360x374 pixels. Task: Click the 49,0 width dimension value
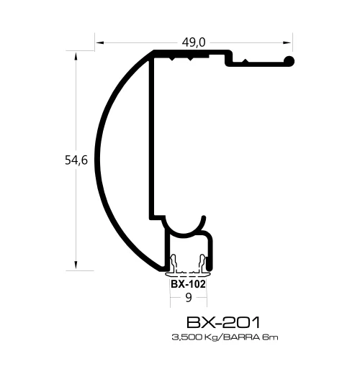(x=194, y=42)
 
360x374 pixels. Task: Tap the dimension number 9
(x=189, y=296)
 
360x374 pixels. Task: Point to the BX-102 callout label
(x=188, y=283)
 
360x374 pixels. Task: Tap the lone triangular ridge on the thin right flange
(x=246, y=62)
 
